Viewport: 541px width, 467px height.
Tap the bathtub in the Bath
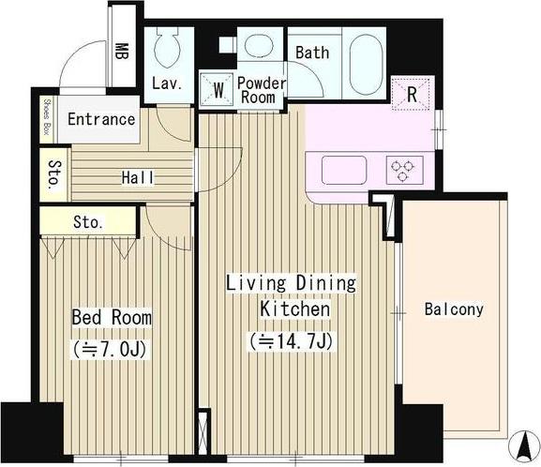[366, 64]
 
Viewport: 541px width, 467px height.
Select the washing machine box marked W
[217, 89]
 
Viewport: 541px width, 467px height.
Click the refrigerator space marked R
[411, 94]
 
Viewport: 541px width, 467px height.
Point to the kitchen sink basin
[344, 170]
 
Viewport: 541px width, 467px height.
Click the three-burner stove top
[405, 170]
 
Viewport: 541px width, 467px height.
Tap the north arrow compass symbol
[524, 445]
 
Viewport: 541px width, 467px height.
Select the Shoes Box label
[47, 117]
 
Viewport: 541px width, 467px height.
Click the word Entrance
[101, 119]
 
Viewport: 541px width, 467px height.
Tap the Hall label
[138, 178]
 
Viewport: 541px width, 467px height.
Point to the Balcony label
[454, 309]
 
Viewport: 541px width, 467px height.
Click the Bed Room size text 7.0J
[110, 349]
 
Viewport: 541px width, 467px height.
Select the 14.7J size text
[292, 341]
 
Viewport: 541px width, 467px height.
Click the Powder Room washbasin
[259, 45]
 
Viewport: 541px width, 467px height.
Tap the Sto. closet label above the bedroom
[88, 222]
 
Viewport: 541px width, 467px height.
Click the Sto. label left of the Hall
[55, 174]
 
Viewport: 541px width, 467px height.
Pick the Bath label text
[312, 53]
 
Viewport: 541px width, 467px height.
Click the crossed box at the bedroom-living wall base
[203, 431]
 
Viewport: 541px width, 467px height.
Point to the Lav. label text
[167, 83]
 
